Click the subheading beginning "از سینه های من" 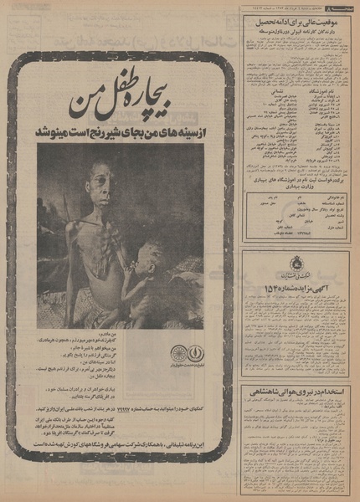pyautogui.click(x=121, y=132)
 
